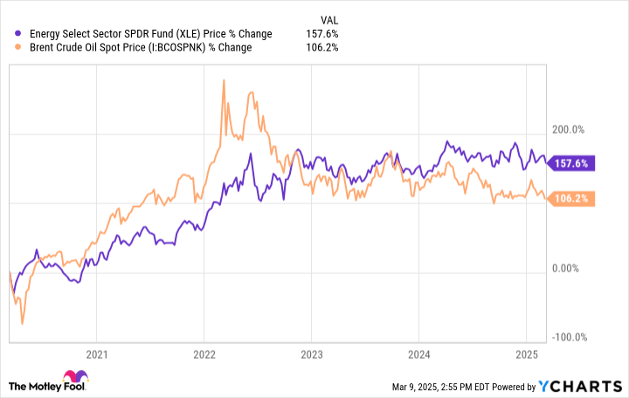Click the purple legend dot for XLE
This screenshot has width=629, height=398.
point(19,34)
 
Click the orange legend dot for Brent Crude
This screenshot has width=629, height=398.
point(19,48)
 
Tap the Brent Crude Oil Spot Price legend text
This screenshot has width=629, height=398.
point(140,48)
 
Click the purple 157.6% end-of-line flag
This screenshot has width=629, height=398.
point(573,163)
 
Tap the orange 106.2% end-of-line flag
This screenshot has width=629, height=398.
point(573,199)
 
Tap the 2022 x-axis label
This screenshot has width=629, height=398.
point(204,354)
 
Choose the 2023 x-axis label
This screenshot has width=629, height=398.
point(311,354)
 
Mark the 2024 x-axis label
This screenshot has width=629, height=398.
point(418,354)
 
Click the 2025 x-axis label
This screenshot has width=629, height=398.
point(526,354)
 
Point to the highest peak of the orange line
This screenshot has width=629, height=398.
point(225,80)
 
